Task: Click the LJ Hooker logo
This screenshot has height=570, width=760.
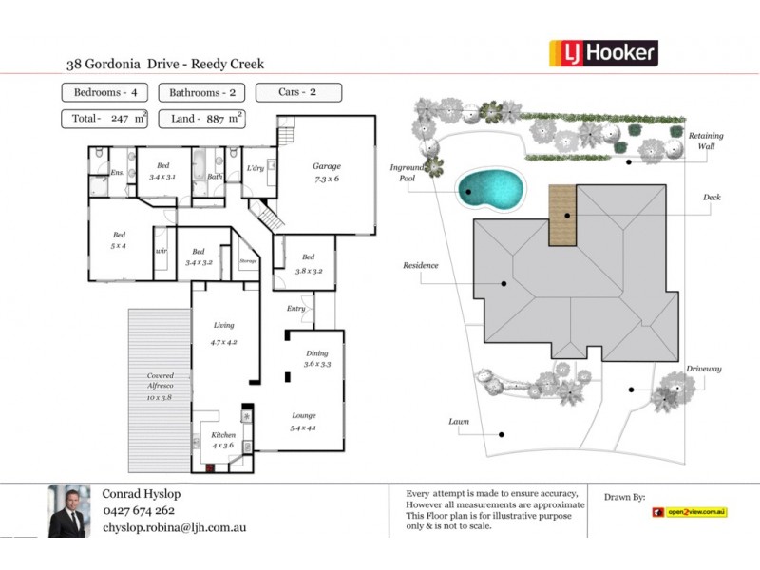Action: pyautogui.click(x=603, y=53)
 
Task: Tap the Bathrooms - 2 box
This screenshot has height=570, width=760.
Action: pyautogui.click(x=202, y=93)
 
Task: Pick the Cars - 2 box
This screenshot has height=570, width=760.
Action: pyautogui.click(x=298, y=93)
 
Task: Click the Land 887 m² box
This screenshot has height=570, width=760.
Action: pyautogui.click(x=202, y=119)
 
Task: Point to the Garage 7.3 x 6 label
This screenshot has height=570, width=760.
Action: pyautogui.click(x=327, y=172)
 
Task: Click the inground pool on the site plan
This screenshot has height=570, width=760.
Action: pyautogui.click(x=489, y=190)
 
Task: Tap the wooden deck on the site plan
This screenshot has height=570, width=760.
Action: pyautogui.click(x=563, y=215)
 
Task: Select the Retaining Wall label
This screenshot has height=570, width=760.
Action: pyautogui.click(x=705, y=141)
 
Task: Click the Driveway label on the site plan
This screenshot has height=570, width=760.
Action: pyautogui.click(x=704, y=369)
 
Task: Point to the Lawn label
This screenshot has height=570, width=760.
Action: pyautogui.click(x=459, y=420)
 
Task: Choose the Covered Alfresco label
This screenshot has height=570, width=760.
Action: pyautogui.click(x=161, y=386)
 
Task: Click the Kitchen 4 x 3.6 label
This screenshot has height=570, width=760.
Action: pyautogui.click(x=223, y=440)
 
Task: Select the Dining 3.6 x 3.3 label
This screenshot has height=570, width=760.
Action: pyautogui.click(x=316, y=358)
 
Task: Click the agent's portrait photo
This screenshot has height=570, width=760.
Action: pyautogui.click(x=68, y=511)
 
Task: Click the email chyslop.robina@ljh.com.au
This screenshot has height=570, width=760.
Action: pyautogui.click(x=174, y=526)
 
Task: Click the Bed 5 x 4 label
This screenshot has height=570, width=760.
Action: pyautogui.click(x=120, y=238)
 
